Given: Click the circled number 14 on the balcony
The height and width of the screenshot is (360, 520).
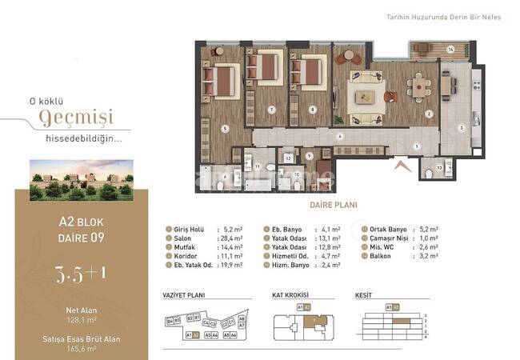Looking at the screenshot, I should [x=450, y=50].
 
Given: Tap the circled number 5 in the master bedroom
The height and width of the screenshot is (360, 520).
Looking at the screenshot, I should [x=225, y=128].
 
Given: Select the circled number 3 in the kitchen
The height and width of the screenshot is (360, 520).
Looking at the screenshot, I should [x=461, y=127].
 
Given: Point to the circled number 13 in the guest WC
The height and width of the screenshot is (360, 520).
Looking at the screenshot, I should [x=440, y=169].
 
